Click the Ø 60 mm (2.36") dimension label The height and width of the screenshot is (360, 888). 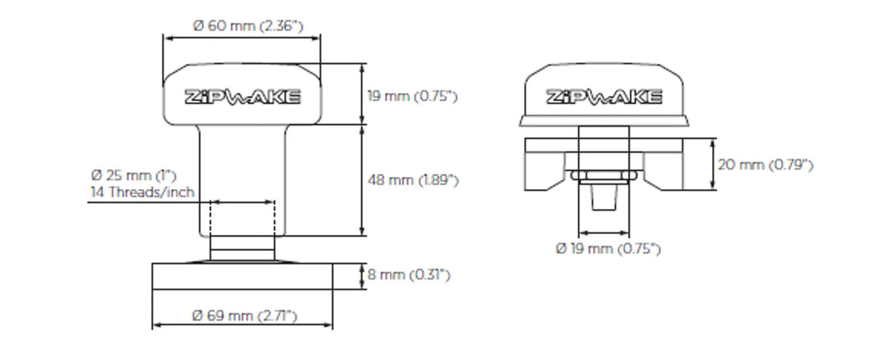tap(247, 25)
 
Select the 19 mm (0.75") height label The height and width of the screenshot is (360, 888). tap(411, 96)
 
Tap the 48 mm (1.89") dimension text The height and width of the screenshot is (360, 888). tap(412, 180)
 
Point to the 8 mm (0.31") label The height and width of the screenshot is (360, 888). tap(409, 275)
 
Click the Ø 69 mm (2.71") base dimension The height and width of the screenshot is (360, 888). tap(244, 316)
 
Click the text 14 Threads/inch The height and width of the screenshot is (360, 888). tap(141, 192)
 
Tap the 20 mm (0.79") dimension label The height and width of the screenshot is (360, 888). tap(765, 165)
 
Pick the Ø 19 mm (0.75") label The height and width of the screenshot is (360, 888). tap(608, 249)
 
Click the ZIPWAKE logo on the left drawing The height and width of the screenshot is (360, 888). tap(243, 97)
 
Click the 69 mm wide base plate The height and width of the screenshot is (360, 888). tap(243, 276)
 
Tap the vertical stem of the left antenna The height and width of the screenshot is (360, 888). tap(243, 164)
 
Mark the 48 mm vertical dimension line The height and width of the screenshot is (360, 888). tap(363, 180)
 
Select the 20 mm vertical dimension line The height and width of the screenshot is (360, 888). tap(711, 164)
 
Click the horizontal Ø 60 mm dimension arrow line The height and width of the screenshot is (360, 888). tap(242, 37)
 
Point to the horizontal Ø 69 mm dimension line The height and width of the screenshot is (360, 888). tap(243, 325)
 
